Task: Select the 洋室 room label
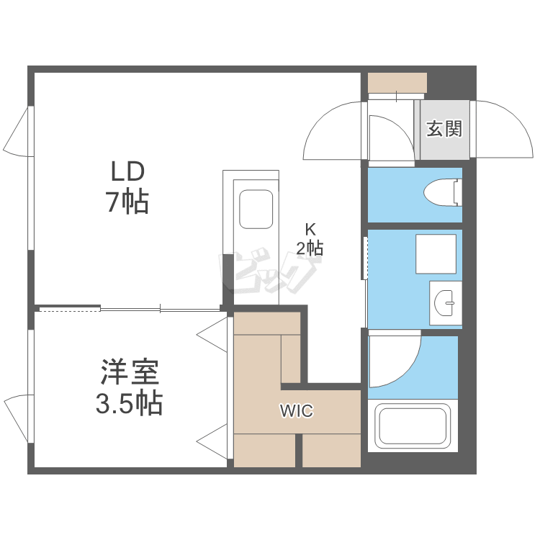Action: click(129, 374)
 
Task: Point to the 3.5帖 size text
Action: click(129, 403)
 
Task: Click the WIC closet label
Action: click(296, 412)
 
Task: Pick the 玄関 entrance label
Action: click(444, 130)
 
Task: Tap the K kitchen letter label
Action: click(310, 230)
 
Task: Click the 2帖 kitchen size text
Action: click(310, 248)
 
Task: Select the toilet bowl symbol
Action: click(441, 193)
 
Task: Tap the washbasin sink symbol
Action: click(446, 303)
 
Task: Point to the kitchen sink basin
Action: click(256, 210)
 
